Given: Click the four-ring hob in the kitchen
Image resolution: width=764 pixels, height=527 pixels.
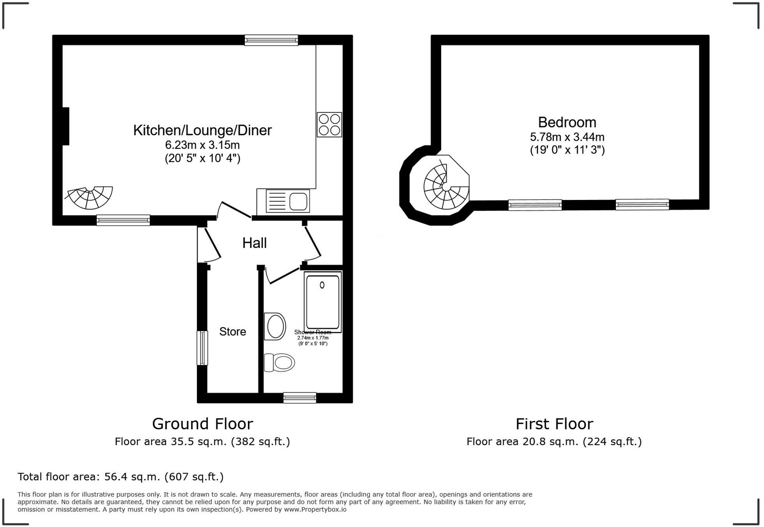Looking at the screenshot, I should tap(329, 125).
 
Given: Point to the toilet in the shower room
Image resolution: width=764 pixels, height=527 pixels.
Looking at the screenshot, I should tap(279, 363).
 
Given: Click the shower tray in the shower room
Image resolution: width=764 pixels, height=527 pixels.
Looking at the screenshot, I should tap(322, 302).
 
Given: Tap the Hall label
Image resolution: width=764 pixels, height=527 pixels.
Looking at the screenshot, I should tap(255, 243).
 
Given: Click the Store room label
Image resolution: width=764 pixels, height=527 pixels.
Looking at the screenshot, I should tap(233, 332).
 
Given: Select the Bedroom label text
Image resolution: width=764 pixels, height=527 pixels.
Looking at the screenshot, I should tap(567, 122).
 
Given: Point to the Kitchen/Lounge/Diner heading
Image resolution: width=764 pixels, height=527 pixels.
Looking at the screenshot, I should tap(202, 130).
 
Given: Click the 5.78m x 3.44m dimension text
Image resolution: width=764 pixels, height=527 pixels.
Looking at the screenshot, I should tap(567, 137).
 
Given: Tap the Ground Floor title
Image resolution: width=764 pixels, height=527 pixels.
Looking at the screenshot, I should tap(202, 424).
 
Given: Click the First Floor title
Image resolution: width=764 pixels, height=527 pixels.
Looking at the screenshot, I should tap(554, 424).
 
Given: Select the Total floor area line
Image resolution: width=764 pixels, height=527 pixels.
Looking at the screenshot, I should tap(120, 477).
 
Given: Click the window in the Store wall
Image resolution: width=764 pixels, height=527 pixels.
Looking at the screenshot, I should tap(202, 348).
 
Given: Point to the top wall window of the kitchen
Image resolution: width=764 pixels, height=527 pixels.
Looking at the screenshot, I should tap(271, 40).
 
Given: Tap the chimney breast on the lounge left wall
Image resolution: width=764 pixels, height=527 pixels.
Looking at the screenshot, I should tap(66, 126).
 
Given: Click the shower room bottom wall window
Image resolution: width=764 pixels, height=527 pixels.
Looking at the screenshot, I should tap(299, 398).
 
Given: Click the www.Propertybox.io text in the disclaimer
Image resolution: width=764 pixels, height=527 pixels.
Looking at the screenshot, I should tap(315, 509).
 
